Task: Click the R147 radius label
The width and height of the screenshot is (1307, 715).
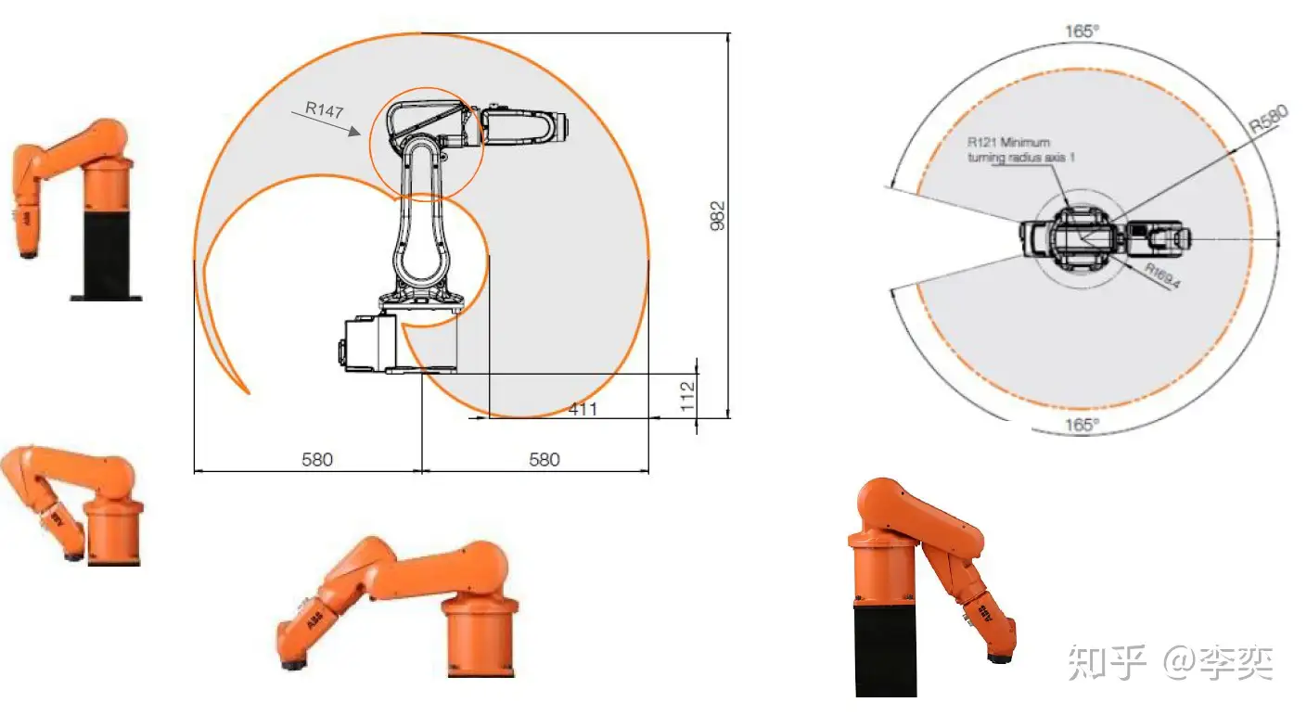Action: pyautogui.click(x=325, y=109)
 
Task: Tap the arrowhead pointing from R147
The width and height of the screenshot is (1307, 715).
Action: pyautogui.click(x=354, y=131)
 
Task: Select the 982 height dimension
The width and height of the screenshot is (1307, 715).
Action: pyautogui.click(x=717, y=216)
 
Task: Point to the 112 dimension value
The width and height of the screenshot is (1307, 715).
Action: pyautogui.click(x=688, y=397)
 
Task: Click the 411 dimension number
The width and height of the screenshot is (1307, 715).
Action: pyautogui.click(x=583, y=409)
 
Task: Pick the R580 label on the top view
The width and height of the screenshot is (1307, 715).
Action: pyautogui.click(x=1268, y=119)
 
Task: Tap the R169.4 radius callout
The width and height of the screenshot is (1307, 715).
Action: pyautogui.click(x=1162, y=275)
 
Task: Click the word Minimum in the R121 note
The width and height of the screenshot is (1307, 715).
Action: pyautogui.click(x=1025, y=142)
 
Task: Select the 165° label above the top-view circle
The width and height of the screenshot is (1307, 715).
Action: pyautogui.click(x=1082, y=31)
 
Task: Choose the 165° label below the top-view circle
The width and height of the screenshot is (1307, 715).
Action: pyautogui.click(x=1082, y=425)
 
